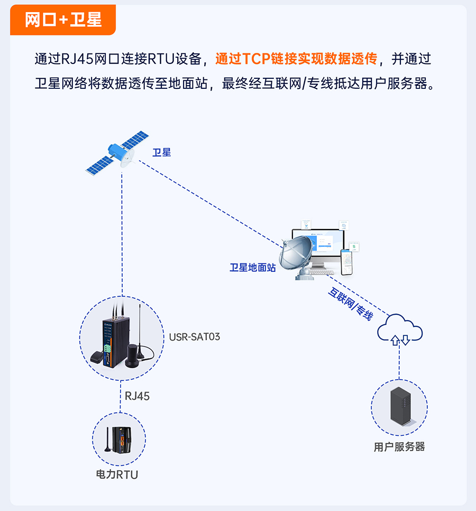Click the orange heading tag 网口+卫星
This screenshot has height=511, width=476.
[62, 20]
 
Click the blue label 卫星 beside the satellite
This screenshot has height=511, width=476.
[161, 152]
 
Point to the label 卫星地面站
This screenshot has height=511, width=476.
[252, 268]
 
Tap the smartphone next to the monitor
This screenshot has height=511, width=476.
[347, 261]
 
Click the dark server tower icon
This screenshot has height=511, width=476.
[399, 406]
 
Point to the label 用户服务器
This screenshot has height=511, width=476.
[399, 447]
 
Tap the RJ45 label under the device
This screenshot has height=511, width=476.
[137, 396]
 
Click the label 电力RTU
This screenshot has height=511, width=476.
[117, 474]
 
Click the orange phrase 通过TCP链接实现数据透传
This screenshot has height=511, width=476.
[296, 59]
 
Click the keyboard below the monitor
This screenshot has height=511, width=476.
[325, 272]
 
